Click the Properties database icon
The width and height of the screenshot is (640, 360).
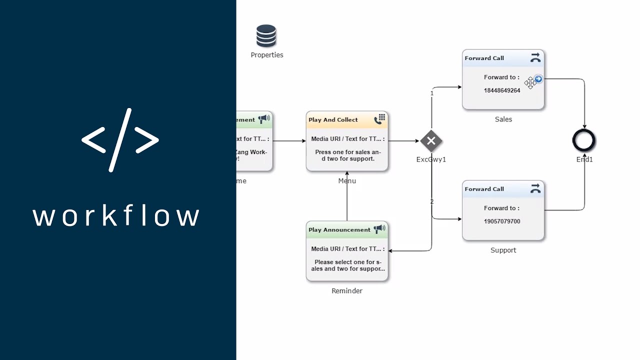click(266, 36)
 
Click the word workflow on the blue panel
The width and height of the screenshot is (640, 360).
click(116, 216)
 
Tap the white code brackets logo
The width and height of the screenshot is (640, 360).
click(120, 140)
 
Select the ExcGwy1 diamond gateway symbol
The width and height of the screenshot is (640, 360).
click(431, 141)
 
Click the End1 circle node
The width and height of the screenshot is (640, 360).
click(584, 140)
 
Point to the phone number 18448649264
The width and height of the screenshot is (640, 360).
click(502, 90)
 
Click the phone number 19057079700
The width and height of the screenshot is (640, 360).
click(502, 221)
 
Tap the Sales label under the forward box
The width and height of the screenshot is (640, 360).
click(503, 119)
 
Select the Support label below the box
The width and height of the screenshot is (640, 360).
click(503, 250)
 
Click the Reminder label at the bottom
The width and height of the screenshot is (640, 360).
click(347, 291)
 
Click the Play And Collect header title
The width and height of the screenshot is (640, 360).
click(333, 120)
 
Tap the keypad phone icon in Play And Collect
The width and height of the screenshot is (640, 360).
click(379, 119)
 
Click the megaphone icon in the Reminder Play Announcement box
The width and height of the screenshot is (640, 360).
click(379, 229)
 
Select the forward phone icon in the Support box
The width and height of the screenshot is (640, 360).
click(535, 188)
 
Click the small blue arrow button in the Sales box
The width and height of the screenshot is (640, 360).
click(538, 79)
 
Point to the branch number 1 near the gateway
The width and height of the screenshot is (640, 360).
click(432, 93)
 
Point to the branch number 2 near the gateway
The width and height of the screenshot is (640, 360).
click(432, 201)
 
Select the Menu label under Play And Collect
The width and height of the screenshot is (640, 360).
click(347, 181)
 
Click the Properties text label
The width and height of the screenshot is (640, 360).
click(267, 55)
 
